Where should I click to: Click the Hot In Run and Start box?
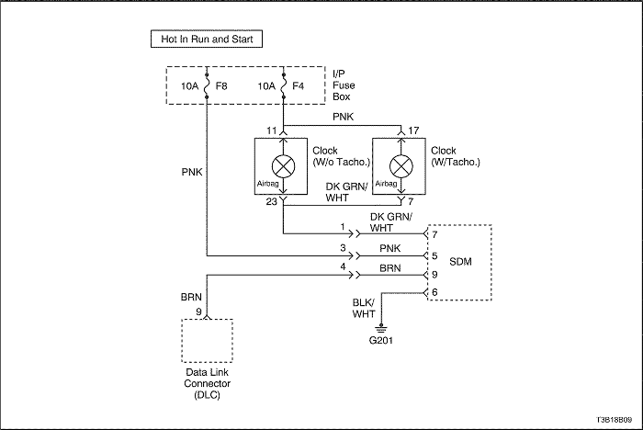tap(207, 39)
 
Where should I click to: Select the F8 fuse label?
tap(221, 86)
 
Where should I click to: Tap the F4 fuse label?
tap(299, 86)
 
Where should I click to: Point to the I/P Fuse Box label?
tap(344, 85)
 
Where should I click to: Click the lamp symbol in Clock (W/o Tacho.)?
tap(283, 166)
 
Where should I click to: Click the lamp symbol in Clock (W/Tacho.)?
tap(401, 166)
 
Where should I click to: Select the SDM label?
tap(460, 262)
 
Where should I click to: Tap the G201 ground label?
tap(381, 340)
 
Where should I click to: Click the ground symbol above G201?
tap(381, 328)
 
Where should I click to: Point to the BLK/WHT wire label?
tap(364, 308)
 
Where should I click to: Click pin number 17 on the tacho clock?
tap(413, 130)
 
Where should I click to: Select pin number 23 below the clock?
tap(272, 201)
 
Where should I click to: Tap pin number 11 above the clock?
tap(272, 130)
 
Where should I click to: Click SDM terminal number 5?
tap(434, 256)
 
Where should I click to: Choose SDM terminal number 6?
tap(434, 292)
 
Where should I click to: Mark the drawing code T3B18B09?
tap(614, 420)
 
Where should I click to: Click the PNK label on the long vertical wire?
tap(192, 172)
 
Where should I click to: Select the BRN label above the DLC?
tap(191, 297)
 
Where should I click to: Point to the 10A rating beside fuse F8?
tap(189, 86)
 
